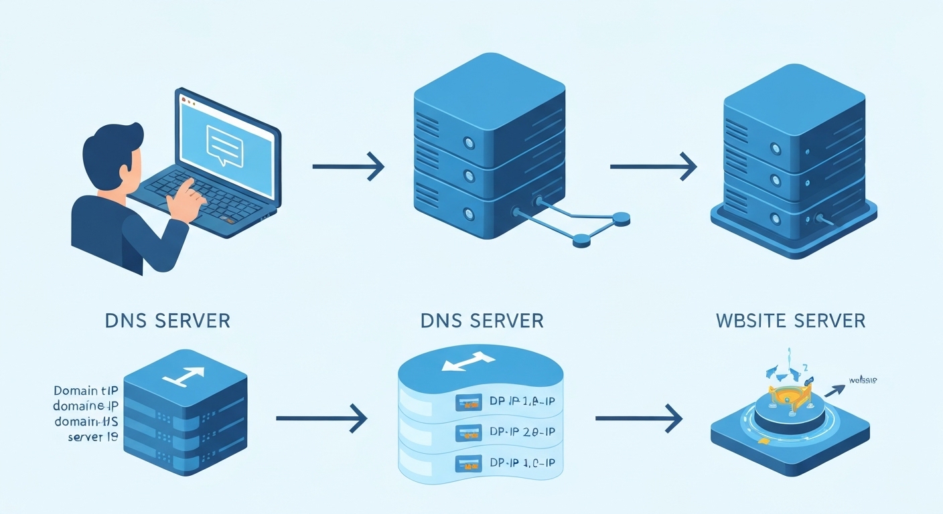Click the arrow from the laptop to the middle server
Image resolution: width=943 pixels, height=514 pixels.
[x=348, y=165]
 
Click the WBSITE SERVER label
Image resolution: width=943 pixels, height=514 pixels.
[x=790, y=321]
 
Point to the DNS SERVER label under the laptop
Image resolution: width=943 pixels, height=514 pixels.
[x=167, y=321]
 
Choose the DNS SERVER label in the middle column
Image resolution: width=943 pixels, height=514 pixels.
[x=482, y=321]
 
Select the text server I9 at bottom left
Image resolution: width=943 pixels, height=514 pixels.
[x=93, y=437]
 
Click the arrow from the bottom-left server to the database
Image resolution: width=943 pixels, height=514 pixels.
[x=321, y=418]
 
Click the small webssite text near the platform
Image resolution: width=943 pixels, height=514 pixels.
[x=863, y=380]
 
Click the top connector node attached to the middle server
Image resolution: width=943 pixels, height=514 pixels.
[x=621, y=217]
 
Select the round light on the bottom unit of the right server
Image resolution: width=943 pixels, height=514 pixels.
[x=775, y=218]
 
